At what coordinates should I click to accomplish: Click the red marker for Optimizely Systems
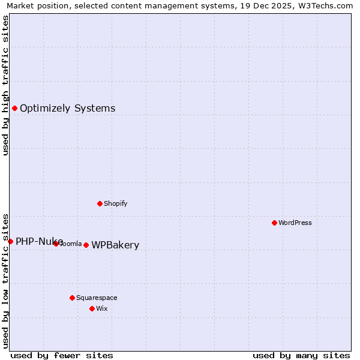click(14, 108)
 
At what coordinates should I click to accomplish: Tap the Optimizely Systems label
click(67, 109)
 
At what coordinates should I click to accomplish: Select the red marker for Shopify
click(100, 203)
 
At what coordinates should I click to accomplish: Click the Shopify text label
click(115, 203)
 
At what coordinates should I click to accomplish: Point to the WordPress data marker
click(274, 223)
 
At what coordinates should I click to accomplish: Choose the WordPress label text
click(295, 223)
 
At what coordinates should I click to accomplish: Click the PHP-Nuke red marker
click(10, 241)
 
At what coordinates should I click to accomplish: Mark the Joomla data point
click(56, 244)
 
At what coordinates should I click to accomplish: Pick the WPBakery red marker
click(86, 245)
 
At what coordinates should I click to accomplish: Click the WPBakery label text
click(115, 245)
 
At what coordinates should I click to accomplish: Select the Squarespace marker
click(72, 298)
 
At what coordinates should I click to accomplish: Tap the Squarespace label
click(97, 298)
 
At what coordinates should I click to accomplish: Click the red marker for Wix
click(92, 308)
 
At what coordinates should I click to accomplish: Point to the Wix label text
click(101, 308)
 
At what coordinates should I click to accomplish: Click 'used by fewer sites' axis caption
click(62, 355)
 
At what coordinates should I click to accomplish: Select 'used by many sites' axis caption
click(301, 355)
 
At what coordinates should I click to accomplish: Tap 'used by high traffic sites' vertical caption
click(5, 86)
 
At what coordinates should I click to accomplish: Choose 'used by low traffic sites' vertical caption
click(5, 281)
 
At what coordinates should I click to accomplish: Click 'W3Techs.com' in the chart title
click(323, 6)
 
